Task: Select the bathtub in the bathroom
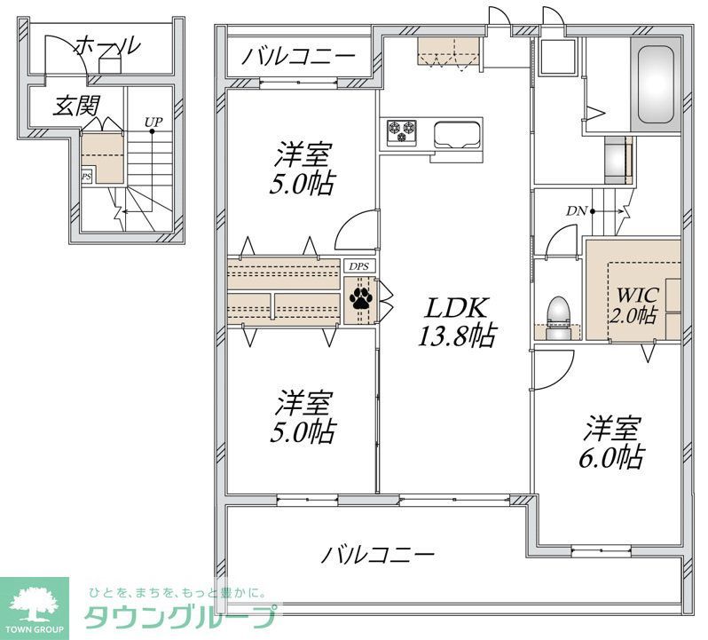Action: point(658,86)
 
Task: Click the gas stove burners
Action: point(402,130)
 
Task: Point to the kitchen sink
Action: point(456,135)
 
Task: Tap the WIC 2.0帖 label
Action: point(632,303)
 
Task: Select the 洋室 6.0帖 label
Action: point(613,443)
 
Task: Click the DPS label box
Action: point(359,265)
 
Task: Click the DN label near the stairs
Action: point(578,211)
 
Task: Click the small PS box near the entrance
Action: point(86,177)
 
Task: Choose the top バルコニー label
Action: point(299,58)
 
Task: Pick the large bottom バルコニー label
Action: point(378,557)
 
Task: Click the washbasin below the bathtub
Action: point(614,158)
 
